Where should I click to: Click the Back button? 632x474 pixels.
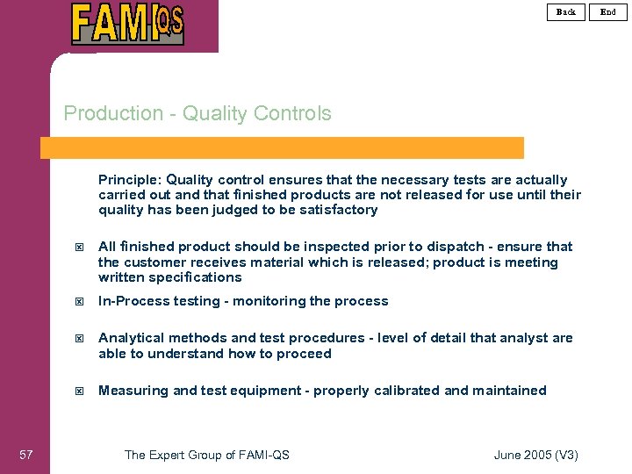pyautogui.click(x=566, y=11)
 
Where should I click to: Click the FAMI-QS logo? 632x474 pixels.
pyautogui.click(x=128, y=24)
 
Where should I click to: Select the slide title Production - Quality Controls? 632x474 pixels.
pyautogui.click(x=197, y=113)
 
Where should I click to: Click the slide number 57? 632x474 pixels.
pyautogui.click(x=26, y=454)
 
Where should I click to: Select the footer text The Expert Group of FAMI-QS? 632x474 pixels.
pyautogui.click(x=207, y=455)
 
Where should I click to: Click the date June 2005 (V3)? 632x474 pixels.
pyautogui.click(x=536, y=455)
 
